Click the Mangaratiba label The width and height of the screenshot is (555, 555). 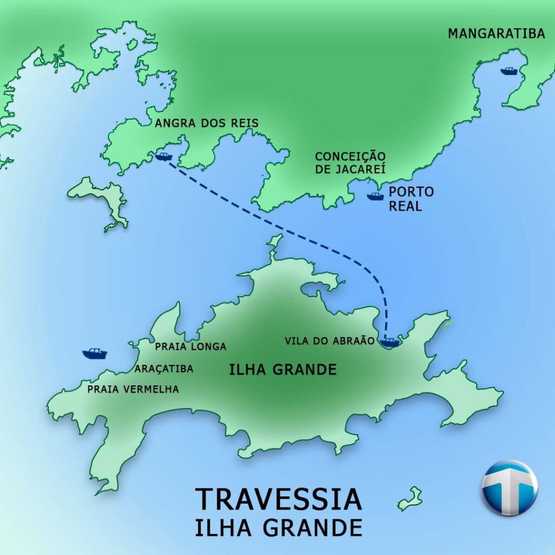[496, 34]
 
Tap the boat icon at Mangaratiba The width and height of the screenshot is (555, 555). [509, 71]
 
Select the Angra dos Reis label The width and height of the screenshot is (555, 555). [206, 124]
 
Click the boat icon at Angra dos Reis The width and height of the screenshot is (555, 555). [163, 157]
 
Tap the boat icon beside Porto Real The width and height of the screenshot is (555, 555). [375, 196]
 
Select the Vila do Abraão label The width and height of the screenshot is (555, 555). [330, 341]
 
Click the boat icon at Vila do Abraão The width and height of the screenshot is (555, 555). [390, 342]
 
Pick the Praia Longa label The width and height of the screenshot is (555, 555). [190, 346]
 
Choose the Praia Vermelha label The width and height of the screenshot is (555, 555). [133, 389]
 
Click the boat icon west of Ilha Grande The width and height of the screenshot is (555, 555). [95, 353]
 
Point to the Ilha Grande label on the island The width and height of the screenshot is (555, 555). [282, 370]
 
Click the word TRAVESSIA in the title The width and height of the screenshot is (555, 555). [278, 499]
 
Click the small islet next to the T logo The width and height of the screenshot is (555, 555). [410, 499]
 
